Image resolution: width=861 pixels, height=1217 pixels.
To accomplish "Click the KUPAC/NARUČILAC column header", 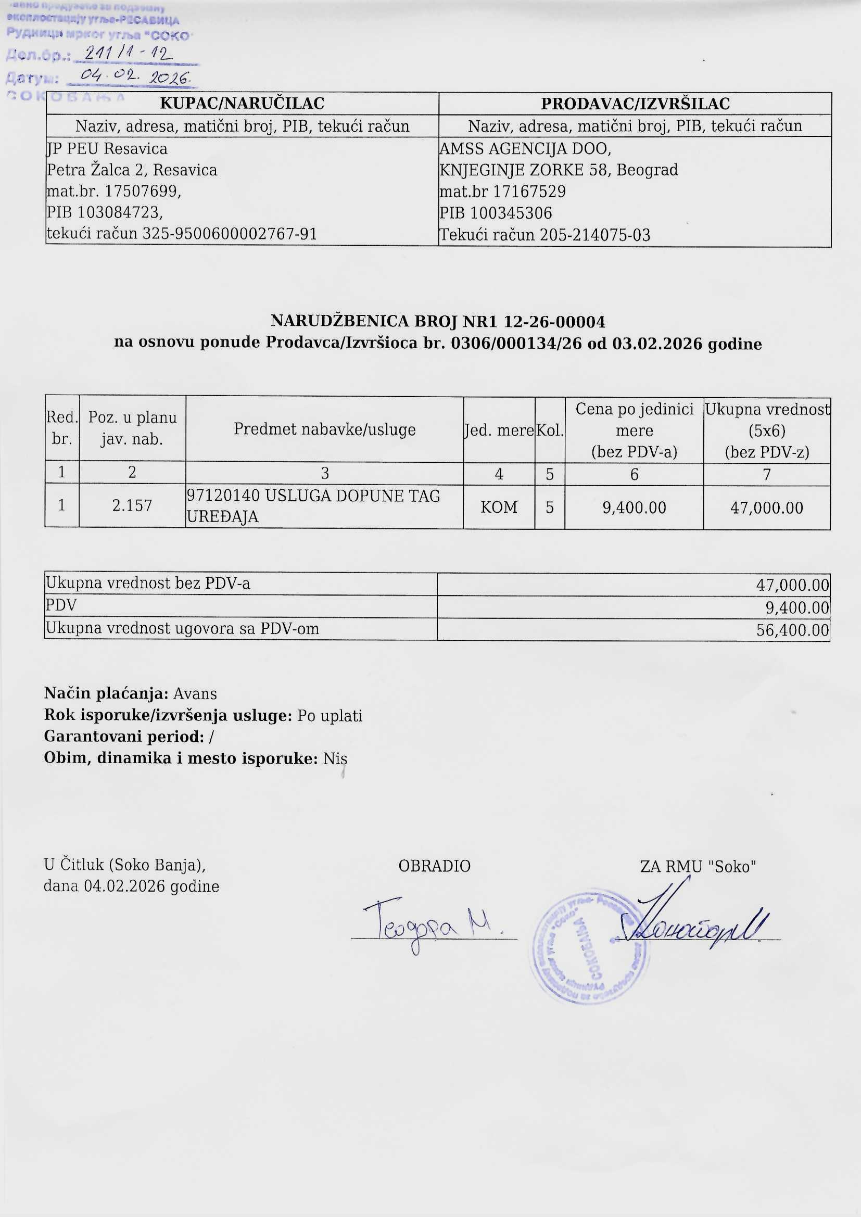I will point(242,104).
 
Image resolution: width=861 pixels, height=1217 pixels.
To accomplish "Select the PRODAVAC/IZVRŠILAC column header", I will point(635,104).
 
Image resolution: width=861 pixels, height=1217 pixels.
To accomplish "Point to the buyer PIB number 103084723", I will point(119,212).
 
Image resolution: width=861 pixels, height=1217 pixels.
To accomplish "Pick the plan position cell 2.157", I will point(132,505).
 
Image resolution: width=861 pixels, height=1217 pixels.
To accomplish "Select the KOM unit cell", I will point(498,508).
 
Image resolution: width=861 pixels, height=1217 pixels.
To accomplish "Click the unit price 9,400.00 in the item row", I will point(634,508).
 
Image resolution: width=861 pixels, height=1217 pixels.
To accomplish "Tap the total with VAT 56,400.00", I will point(793,630).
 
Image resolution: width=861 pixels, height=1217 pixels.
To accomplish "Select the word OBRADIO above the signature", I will point(434,866).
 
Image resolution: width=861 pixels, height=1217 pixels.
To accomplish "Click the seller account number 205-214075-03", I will point(595,235).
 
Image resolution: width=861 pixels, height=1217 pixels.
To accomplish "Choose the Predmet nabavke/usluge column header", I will point(324,429).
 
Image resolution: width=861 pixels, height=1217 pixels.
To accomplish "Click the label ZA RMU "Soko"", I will point(698,867).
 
